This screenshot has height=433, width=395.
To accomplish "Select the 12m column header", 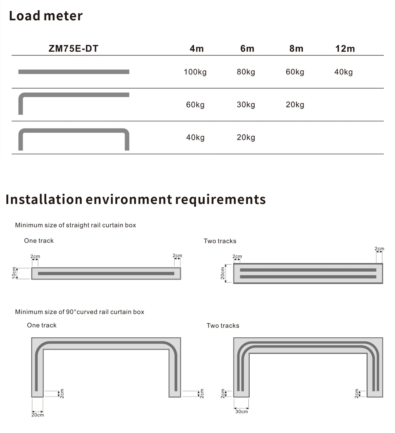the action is click(345, 49).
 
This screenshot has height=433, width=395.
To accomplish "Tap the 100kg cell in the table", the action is click(195, 72).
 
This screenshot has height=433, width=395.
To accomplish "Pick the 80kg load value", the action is click(246, 72).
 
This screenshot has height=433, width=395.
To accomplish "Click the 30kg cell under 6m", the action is click(246, 105).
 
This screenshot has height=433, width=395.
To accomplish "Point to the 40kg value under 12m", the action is click(343, 72).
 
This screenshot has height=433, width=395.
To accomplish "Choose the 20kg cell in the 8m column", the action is click(295, 105).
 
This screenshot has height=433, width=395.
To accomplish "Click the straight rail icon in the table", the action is click(74, 72).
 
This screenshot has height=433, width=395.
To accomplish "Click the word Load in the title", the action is click(24, 16).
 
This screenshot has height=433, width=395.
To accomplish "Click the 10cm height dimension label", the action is click(14, 273).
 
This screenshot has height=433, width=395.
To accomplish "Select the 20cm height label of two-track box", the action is click(223, 273).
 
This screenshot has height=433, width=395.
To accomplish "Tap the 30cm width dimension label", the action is click(241, 412).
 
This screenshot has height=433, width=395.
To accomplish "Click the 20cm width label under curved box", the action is click(38, 414).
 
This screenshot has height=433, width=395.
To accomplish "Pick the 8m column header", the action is click(296, 49).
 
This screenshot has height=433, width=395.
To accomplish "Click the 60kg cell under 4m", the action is click(195, 105).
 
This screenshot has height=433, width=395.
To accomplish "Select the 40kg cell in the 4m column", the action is click(195, 138).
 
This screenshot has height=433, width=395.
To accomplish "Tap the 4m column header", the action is click(197, 49).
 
